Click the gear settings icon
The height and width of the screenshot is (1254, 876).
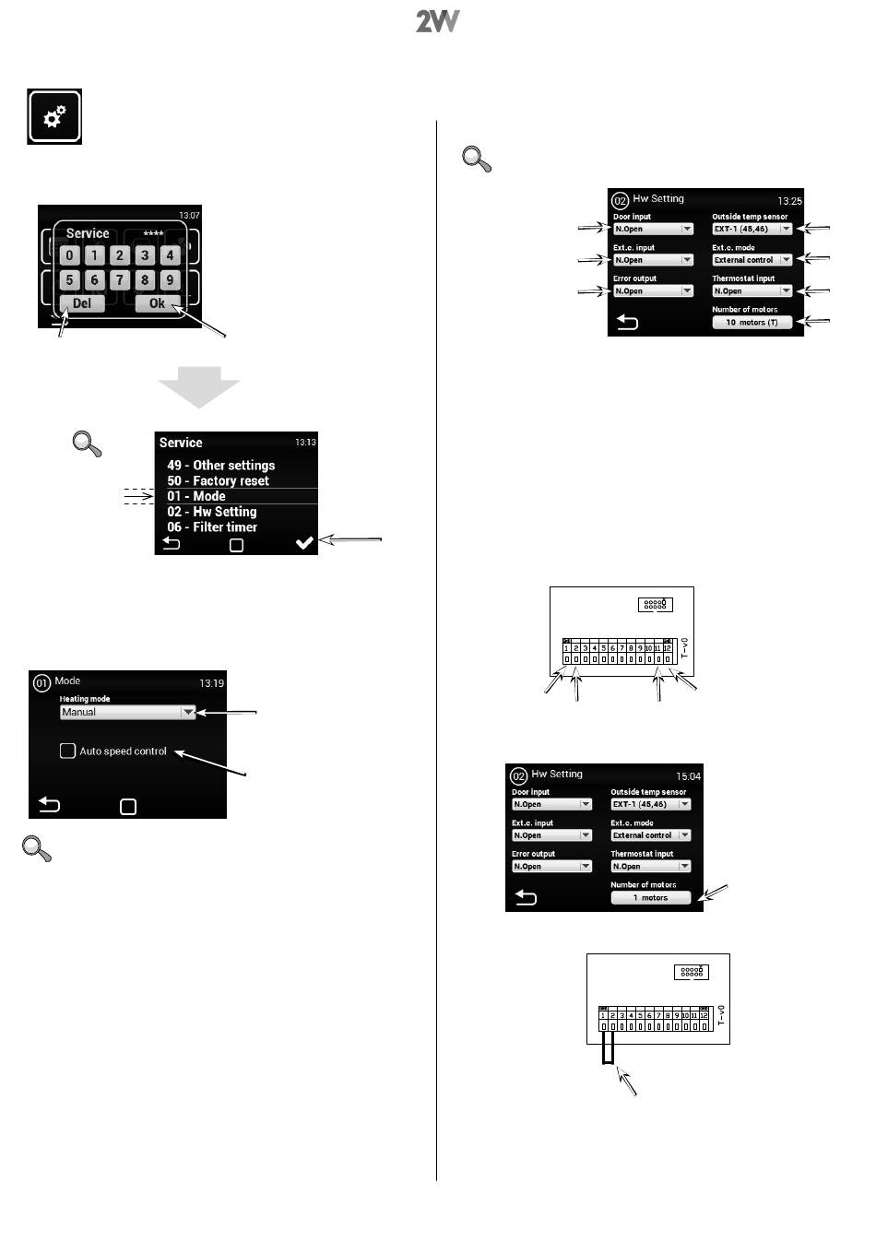point(54,116)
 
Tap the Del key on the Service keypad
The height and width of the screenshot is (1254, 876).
point(82,303)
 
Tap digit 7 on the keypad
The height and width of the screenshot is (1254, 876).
point(119,279)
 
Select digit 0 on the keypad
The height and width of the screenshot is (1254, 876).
point(70,255)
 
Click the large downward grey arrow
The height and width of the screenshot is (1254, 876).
point(199,386)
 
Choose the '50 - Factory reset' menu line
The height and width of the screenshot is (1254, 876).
point(218,480)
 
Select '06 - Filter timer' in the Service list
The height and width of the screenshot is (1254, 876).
point(212,527)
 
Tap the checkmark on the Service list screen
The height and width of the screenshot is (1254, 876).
point(304,543)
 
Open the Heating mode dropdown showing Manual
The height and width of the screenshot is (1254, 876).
point(127,712)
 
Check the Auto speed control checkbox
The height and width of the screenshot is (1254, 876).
point(67,751)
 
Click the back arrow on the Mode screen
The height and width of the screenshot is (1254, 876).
point(49,805)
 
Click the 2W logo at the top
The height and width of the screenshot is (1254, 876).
point(437,21)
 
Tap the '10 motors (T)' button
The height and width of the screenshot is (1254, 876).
point(752,323)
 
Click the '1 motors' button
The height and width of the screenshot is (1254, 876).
point(650,897)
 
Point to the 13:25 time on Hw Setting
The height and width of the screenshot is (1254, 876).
point(789,201)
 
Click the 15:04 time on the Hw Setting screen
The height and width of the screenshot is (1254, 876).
point(688,776)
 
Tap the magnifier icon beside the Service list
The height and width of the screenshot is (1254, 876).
point(88,444)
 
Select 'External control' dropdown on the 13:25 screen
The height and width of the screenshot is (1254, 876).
point(752,260)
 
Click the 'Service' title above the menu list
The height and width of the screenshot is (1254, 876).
point(181,443)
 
